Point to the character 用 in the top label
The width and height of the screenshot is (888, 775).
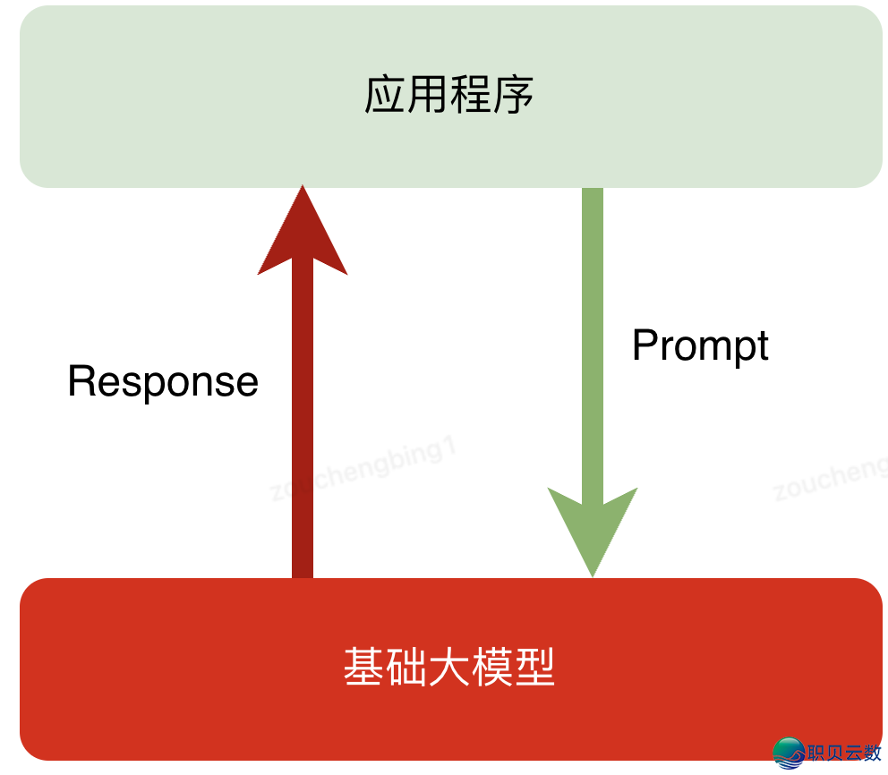(427, 95)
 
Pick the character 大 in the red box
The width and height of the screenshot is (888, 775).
(449, 668)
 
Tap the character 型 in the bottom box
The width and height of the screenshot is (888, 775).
(534, 668)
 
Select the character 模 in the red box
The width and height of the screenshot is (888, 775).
(492, 668)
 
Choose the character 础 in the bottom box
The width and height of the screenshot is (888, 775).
(406, 668)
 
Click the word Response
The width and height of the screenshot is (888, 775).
(163, 382)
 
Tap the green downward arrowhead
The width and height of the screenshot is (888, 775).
(593, 528)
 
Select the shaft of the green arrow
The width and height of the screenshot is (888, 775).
(593, 340)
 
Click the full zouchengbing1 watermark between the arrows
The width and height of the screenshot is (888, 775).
(363, 471)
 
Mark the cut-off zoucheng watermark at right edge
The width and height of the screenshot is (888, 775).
(830, 479)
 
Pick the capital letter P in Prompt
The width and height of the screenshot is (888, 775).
(645, 345)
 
